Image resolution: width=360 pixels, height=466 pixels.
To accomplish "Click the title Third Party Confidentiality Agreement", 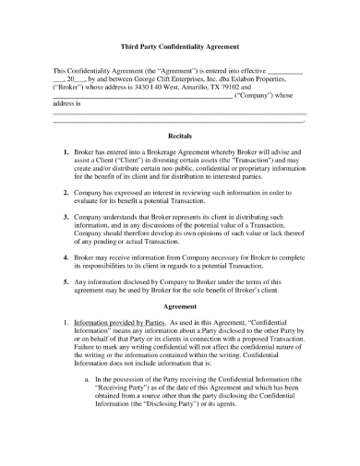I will click(180, 45).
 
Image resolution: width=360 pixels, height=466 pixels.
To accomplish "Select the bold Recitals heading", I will click(180, 134).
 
